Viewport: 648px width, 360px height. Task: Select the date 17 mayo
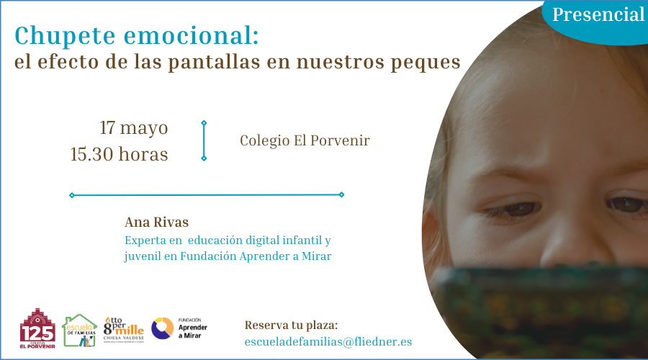coord(134,128)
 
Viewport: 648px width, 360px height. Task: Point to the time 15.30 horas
coord(120,154)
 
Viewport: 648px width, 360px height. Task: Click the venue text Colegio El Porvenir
coord(305,140)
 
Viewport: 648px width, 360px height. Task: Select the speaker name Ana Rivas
coord(156,222)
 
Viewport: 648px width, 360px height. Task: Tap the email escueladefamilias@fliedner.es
coord(328,341)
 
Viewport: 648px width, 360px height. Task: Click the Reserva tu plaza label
coord(291,325)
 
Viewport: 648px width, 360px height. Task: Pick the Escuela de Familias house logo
coord(80,330)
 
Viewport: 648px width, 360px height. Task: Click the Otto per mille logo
coord(124,330)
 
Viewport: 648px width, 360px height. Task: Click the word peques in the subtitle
coord(426,62)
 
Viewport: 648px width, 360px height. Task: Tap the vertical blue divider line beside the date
coord(204,140)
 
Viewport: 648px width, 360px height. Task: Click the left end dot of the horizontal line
coord(71,195)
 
